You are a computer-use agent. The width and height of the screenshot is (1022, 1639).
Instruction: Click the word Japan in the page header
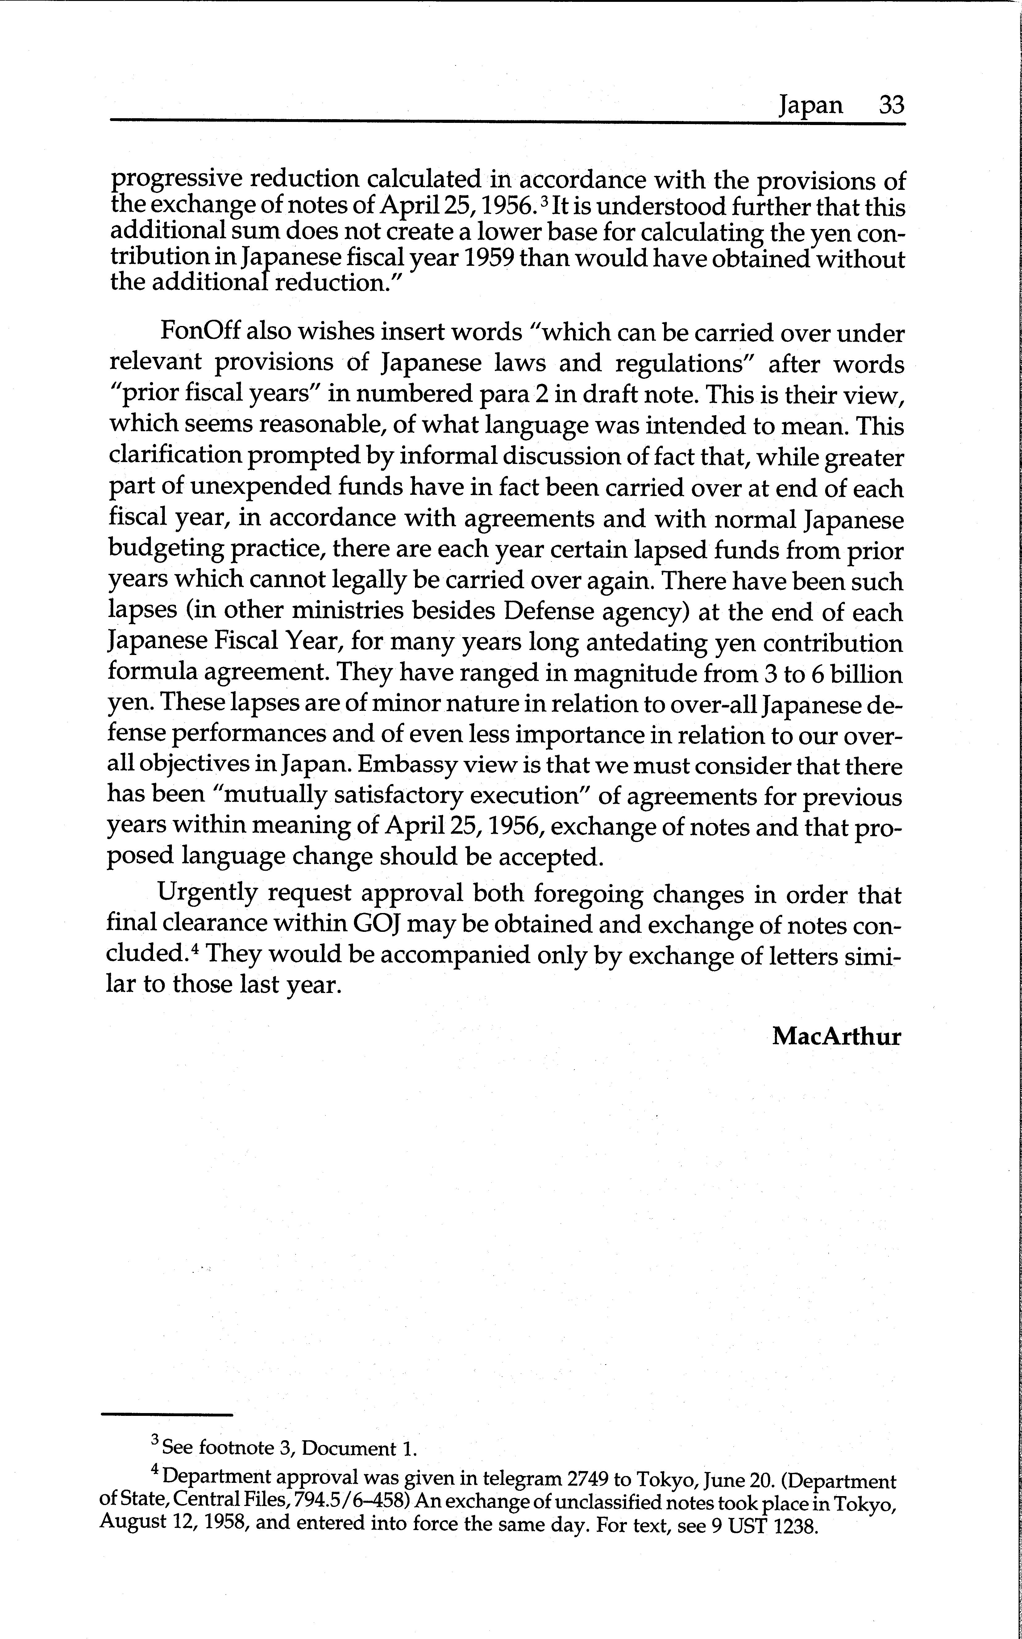tap(810, 106)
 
